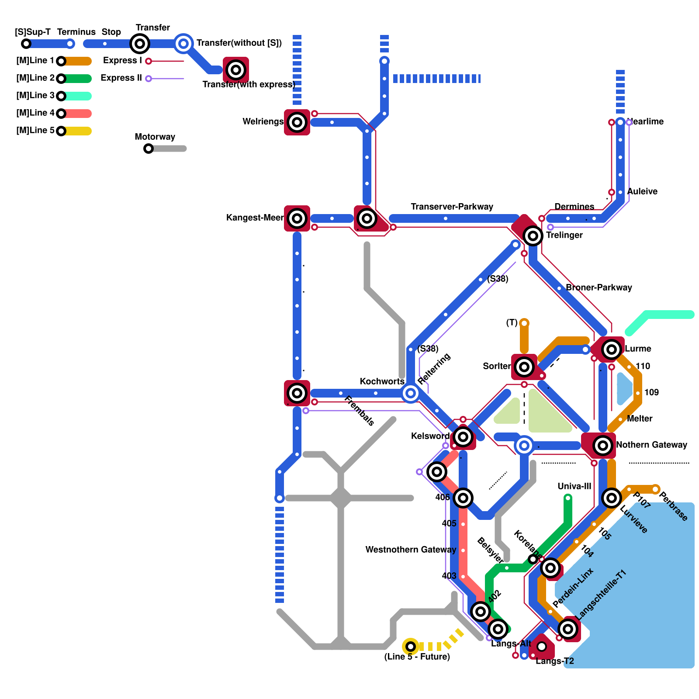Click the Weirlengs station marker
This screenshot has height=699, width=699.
297,122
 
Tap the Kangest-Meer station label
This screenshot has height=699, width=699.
255,218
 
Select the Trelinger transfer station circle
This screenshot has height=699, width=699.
533,236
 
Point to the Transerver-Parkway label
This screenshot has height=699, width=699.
452,207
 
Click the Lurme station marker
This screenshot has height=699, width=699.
612,349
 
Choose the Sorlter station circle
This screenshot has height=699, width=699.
524,367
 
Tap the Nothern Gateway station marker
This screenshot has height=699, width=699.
603,446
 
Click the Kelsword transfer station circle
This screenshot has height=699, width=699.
463,436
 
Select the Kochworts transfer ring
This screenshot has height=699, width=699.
411,393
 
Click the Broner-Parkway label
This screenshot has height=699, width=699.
599,287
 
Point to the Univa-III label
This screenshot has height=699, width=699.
574,486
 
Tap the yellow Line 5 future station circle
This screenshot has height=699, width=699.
411,647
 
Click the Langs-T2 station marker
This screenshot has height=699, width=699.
542,647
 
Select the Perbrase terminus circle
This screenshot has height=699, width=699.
655,489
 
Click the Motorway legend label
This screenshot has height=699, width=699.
155,137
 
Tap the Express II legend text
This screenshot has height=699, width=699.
121,78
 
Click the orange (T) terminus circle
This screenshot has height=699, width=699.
524,323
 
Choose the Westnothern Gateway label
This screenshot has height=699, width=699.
411,550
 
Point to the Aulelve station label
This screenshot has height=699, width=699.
642,191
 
